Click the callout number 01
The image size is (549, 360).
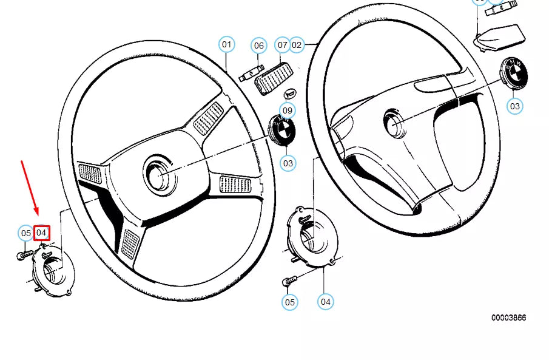tap(226, 44)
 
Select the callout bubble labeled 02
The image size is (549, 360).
tap(297, 44)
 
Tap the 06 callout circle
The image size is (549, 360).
tap(259, 46)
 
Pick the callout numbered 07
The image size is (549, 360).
tap(283, 45)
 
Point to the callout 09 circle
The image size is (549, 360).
tap(288, 110)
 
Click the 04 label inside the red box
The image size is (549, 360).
tap(42, 233)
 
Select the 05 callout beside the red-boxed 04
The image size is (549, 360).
tap(25, 233)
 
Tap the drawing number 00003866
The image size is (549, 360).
tap(508, 318)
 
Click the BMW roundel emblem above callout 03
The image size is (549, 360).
tap(513, 74)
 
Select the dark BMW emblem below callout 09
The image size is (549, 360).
tap(281, 131)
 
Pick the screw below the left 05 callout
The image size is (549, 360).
tap(25, 256)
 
